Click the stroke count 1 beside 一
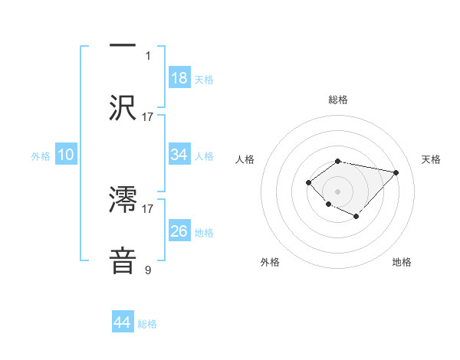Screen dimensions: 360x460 click(148, 55)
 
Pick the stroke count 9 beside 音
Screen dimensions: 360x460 click(148, 270)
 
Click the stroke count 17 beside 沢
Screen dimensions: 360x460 click(148, 116)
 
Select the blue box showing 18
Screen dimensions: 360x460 click(179, 78)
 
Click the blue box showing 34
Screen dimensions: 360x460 click(179, 155)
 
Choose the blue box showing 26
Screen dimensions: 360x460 click(179, 231)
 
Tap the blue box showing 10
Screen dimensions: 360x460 click(66, 155)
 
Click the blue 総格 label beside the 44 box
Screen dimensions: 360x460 click(147, 324)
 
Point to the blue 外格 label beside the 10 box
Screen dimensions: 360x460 click(41, 155)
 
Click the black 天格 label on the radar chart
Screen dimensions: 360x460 click(432, 159)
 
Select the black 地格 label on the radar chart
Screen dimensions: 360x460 click(402, 262)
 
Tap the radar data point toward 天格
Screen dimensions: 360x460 click(396, 172)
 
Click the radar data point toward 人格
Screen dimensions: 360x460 click(308, 182)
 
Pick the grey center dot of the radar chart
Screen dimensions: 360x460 click(338, 191)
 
